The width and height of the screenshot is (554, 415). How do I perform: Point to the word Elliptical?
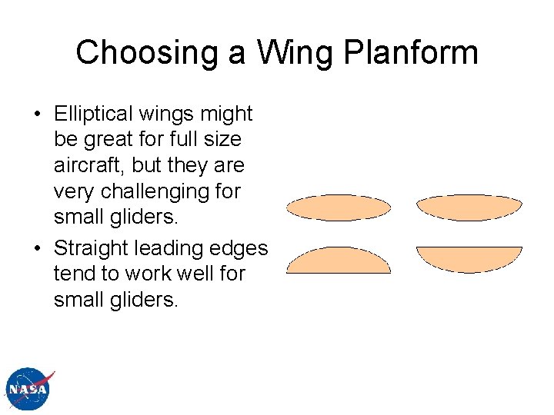93,114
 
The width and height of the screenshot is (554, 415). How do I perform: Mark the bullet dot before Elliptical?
36,115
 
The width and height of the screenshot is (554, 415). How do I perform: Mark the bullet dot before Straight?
36,249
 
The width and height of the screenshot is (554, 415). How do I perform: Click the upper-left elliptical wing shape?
339,207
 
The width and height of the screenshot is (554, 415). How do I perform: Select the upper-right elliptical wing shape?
469,207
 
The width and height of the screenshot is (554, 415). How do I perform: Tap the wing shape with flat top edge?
469,257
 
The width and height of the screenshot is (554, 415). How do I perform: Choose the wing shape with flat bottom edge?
339,261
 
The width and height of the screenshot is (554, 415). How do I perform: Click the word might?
226,114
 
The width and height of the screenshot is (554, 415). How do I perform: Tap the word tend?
72,274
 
